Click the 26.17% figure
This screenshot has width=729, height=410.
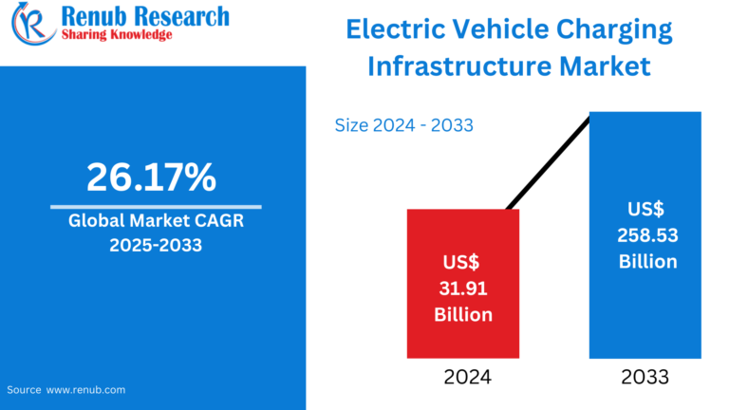coord(152,177)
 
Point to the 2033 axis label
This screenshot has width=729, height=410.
coord(645,377)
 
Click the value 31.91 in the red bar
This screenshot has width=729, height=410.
coord(463,287)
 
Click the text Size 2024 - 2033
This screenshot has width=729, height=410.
coord(404,125)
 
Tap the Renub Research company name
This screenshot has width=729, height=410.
coord(143,15)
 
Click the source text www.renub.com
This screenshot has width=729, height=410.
coord(85,389)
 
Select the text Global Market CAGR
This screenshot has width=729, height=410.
coord(155,222)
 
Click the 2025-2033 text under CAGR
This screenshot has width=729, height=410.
coord(155,246)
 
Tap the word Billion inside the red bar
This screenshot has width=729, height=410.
coord(463,313)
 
